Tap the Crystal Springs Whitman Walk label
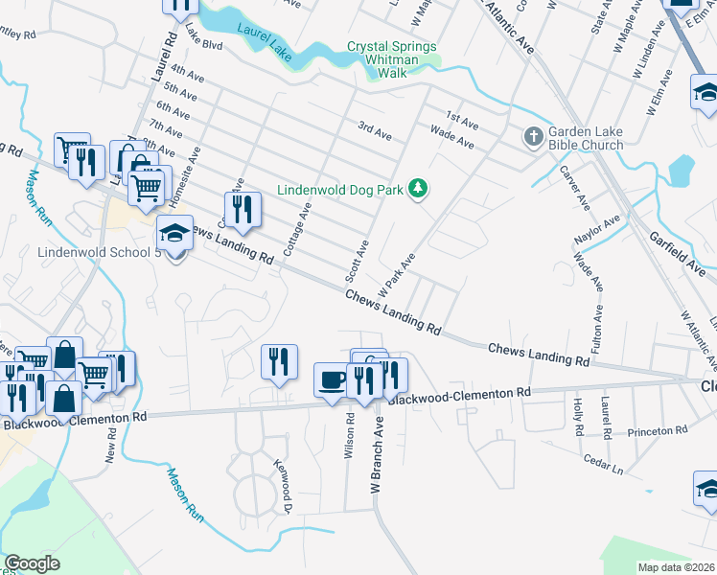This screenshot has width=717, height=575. point(391,53)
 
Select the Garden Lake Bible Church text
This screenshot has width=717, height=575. point(586,138)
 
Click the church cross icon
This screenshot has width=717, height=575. point(534,138)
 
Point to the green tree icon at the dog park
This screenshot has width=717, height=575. point(417,189)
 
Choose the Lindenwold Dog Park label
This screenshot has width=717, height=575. point(340,190)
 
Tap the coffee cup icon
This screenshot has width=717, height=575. point(333,379)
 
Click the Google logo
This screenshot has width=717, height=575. point(32,563)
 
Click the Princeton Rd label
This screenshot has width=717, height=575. point(658,431)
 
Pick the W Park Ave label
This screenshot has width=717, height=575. point(396,274)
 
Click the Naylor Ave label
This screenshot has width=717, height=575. point(598,225)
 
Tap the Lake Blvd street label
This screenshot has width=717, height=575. point(204,44)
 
